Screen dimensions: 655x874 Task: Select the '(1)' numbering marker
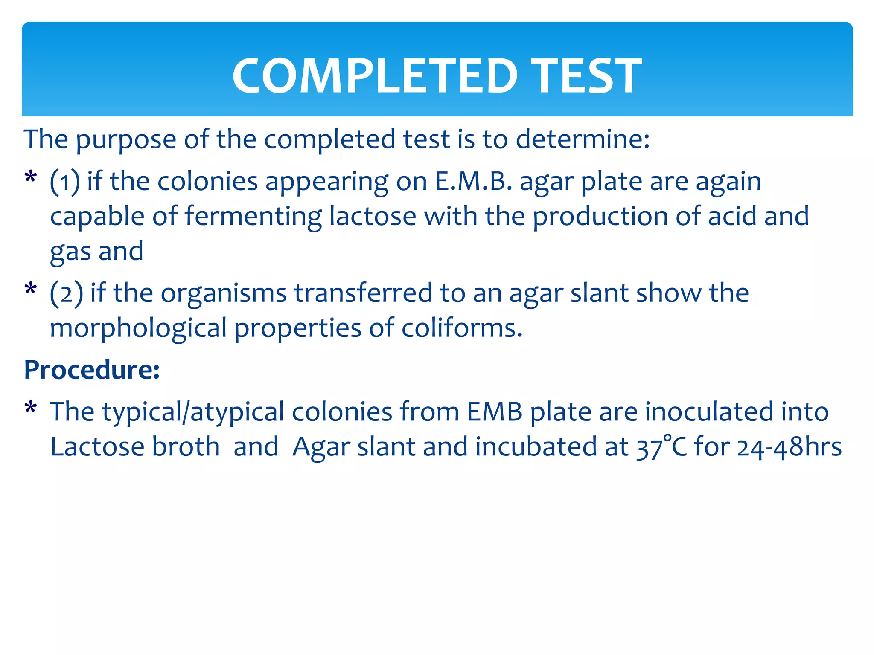click(65, 182)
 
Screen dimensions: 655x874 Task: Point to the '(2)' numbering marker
click(66, 293)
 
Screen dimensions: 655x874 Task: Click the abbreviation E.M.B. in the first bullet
click(473, 182)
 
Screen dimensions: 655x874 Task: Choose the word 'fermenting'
click(253, 217)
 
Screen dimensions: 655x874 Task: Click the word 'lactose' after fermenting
click(373, 217)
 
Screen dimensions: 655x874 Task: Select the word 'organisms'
click(223, 293)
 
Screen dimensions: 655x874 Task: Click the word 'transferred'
click(363, 293)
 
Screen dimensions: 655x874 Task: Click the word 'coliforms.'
click(462, 328)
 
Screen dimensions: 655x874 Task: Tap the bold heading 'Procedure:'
click(92, 369)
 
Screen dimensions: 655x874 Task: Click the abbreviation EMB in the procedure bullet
click(495, 412)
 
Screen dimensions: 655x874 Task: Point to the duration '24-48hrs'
click(789, 447)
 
